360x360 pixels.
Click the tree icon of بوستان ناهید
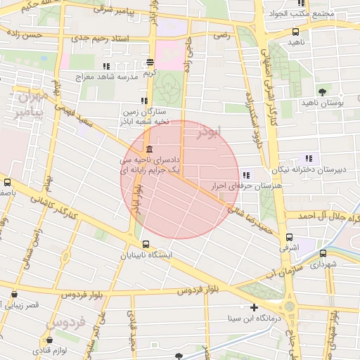322,91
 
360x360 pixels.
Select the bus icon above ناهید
295,32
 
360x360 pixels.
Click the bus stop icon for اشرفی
289,237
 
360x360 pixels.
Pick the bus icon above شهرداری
323,253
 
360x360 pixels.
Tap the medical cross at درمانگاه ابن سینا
254,307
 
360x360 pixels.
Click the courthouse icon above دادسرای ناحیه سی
148,149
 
